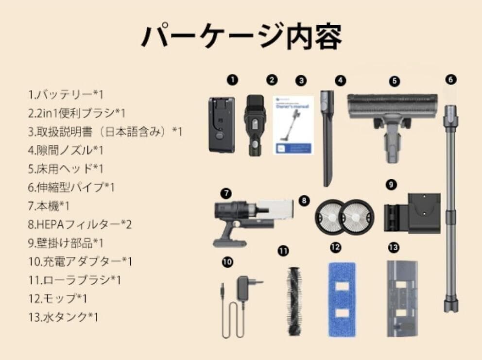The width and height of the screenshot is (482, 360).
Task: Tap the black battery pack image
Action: (221, 124)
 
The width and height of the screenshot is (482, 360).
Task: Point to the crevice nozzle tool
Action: (328, 138)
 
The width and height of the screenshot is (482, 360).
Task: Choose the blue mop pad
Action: (342, 299)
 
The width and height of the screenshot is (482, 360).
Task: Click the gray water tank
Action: (402, 298)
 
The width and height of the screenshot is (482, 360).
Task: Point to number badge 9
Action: (392, 185)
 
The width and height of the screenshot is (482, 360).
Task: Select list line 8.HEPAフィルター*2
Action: (80, 224)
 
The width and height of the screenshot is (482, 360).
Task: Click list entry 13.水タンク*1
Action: (63, 317)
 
